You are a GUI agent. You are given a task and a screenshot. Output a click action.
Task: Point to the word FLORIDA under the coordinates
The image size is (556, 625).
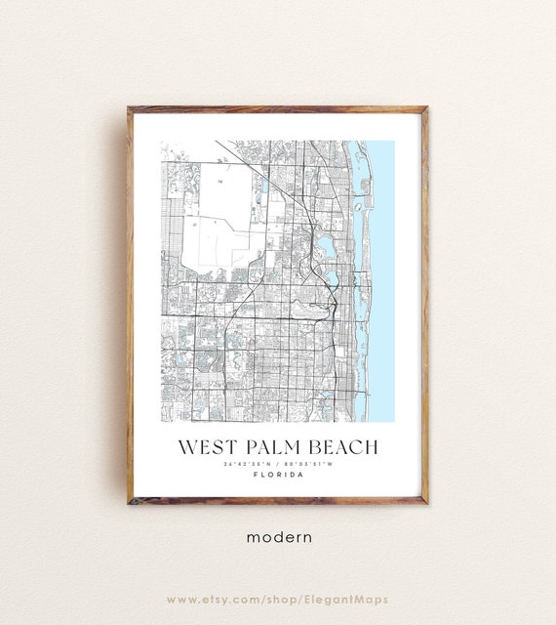277,476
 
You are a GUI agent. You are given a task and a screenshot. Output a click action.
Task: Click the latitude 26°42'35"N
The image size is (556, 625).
248,464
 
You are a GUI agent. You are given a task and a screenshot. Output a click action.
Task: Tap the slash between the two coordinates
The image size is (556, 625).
277,464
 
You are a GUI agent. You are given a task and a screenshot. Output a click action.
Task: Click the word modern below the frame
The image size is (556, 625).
278,536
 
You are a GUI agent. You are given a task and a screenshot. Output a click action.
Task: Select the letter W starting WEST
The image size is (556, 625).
185,448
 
